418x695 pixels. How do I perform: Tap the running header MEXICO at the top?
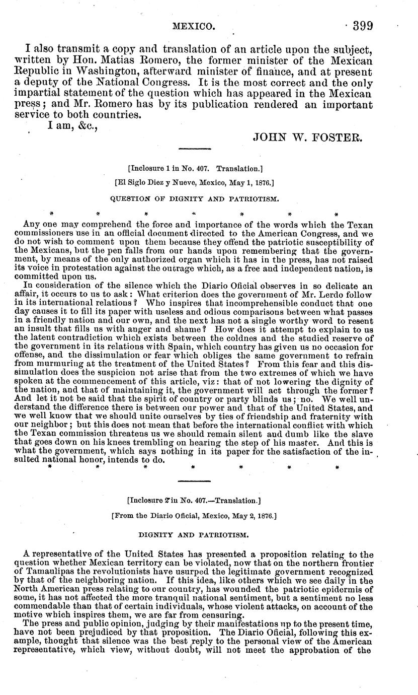pyautogui.click(x=195, y=26)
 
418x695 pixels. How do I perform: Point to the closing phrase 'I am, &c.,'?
pyautogui.click(x=70, y=125)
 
